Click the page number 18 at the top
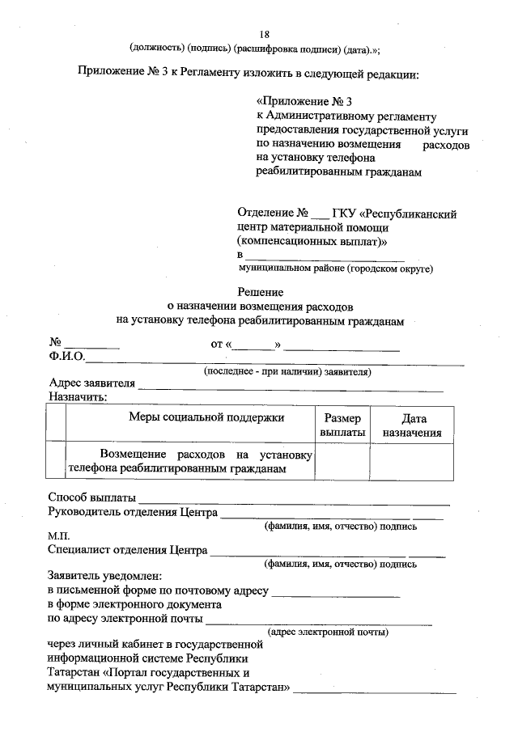pos(264,35)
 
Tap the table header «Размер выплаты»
pos(342,425)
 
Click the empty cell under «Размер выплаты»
pos(342,462)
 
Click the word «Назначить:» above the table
pos(78,397)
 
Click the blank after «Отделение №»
pos(321,217)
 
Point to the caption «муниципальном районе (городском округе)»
pos(336,268)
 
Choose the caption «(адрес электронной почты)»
pos(328,631)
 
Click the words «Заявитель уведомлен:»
pos(105,577)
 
